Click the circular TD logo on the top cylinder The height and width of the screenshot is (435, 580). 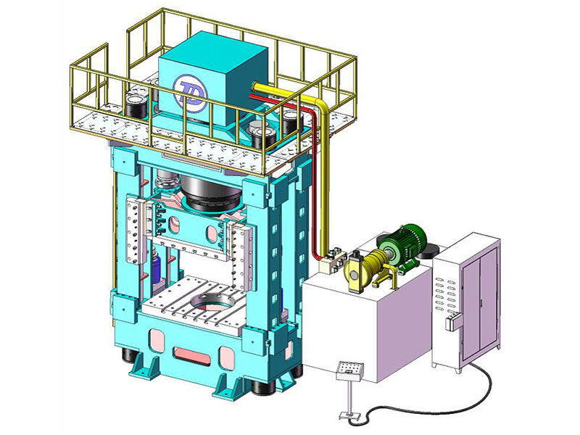[x=189, y=93]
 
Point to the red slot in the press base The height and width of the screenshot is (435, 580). [x=192, y=356]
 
